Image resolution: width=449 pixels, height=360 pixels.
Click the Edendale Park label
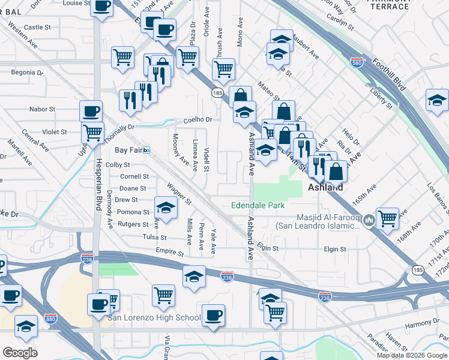coord(258,205)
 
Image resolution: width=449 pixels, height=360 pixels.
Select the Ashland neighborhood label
coord(325,187)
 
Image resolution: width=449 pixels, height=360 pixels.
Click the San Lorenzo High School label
coord(154,317)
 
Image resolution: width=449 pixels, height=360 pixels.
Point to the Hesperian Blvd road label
coord(97,185)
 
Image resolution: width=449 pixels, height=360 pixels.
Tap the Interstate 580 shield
coord(357,64)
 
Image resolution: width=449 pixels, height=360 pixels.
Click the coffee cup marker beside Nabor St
coord(91,111)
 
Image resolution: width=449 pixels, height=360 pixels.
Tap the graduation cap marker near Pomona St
coord(166,208)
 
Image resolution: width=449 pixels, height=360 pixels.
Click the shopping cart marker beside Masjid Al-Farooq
coord(388,218)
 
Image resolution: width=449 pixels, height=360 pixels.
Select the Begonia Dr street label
coord(28,73)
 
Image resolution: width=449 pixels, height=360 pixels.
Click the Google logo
coord(20,352)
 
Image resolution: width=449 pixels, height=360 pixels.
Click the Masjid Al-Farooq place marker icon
coord(369,221)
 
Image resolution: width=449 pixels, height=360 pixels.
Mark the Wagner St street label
coord(179,193)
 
